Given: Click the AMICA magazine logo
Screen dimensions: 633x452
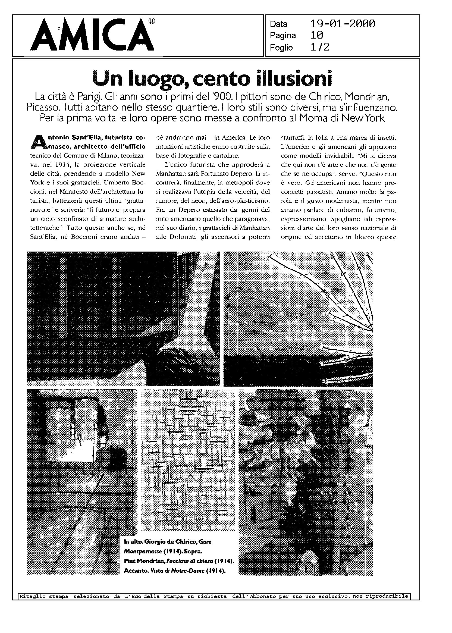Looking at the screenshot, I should pos(93,36).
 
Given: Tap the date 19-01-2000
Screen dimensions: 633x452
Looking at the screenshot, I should pos(343,24).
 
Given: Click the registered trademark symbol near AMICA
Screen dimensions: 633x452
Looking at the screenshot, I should pos(152,21).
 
